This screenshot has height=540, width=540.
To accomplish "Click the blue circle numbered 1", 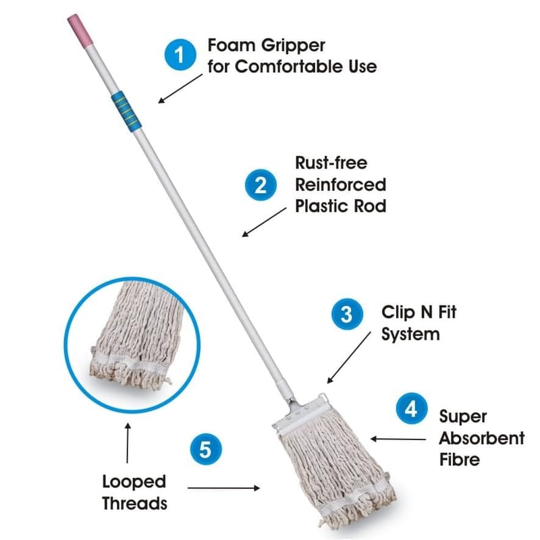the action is coord(180,55).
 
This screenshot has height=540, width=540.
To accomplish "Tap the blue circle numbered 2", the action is coord(261,185).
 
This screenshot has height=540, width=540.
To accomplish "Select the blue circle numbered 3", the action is coord(347,314).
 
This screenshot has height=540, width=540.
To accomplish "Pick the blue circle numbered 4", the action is coord(412,408).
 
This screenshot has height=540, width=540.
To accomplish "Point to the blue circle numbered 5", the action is coord(206,449).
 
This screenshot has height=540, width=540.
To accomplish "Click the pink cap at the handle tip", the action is coord(80,30).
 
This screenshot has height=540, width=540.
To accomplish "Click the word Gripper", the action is coord(293,46).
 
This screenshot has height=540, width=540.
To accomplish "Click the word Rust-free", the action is coord(331,163).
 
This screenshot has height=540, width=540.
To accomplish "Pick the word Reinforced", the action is coord(341,185).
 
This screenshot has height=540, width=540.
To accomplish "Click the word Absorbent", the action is coord(482,438).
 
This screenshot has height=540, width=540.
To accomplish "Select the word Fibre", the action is coord(460,460).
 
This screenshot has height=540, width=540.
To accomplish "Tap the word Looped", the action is coord(134,482).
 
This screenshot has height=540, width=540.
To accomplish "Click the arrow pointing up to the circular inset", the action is coord(128,443).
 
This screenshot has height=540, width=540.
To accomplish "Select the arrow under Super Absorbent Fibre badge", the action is coord(398,439).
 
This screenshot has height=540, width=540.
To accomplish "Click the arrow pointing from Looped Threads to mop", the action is coord(223,488).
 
